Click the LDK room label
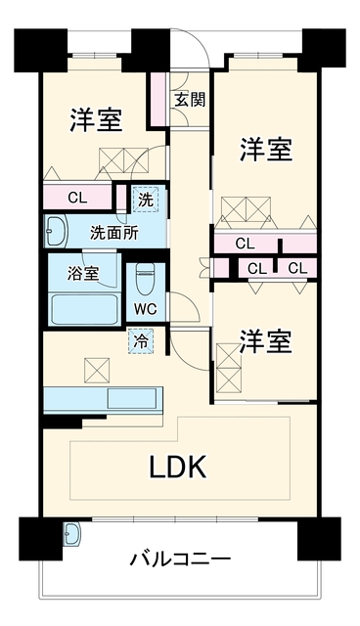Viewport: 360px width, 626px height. pyautogui.click(x=178, y=467)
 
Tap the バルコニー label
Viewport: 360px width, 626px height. pyautogui.click(x=180, y=559)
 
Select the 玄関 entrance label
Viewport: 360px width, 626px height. pyautogui.click(x=190, y=100)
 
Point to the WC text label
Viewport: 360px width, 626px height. pyautogui.click(x=146, y=309)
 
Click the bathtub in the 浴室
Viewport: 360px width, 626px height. pyautogui.click(x=84, y=311)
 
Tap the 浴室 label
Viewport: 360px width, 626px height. pyautogui.click(x=82, y=274)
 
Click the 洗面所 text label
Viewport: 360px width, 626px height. pyautogui.click(x=113, y=233)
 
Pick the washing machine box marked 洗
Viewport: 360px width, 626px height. pyautogui.click(x=146, y=199)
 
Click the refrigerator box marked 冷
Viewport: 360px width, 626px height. pyautogui.click(x=141, y=340)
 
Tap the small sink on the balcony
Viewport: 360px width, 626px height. pyautogui.click(x=71, y=534)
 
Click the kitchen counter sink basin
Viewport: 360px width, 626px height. pyautogui.click(x=132, y=399)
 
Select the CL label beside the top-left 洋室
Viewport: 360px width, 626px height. pyautogui.click(x=77, y=197)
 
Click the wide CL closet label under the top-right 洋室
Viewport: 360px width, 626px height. pyautogui.click(x=245, y=244)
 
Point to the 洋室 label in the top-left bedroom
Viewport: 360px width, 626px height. pyautogui.click(x=96, y=119)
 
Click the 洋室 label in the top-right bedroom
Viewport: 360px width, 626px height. pyautogui.click(x=266, y=149)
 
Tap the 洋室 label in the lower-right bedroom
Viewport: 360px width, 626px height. pyautogui.click(x=266, y=341)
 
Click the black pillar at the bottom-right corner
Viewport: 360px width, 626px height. pyautogui.click(x=319, y=539)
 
